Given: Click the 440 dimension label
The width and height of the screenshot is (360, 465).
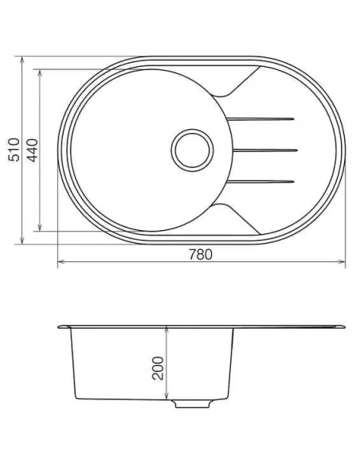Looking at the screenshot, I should [32, 148].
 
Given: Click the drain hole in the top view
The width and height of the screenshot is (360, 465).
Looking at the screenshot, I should [191, 149].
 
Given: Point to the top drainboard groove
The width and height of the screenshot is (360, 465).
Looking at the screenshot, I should [263, 120].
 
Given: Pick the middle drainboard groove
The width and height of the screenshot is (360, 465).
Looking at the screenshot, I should [264, 149].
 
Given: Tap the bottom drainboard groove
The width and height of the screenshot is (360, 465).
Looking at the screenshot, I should [263, 178].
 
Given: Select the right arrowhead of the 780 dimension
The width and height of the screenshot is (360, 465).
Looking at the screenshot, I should [342, 263].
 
